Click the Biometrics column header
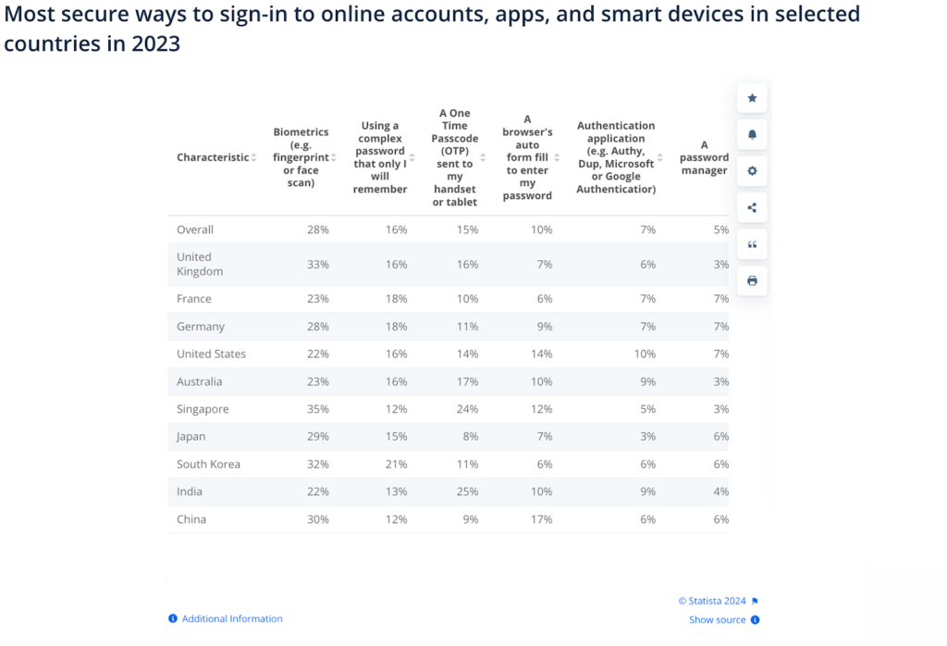[301, 157]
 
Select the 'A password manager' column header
[704, 157]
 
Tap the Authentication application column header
[615, 157]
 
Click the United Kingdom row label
[201, 264]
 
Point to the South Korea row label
[208, 464]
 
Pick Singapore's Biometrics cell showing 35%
[317, 409]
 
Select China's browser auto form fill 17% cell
[542, 519]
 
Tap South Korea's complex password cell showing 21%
[396, 464]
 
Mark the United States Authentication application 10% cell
[645, 354]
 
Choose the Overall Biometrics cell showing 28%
[317, 230]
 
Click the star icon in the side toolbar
[752, 98]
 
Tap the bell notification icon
[752, 134]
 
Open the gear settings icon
[752, 171]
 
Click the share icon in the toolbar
[752, 207]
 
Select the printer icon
[752, 280]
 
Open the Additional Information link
[231, 618]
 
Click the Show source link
[718, 620]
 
